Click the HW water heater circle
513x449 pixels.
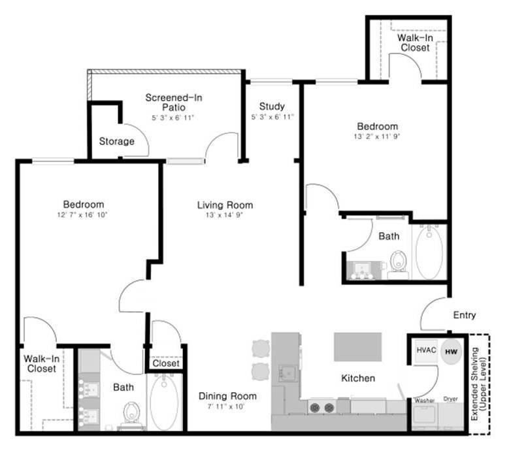coord(451,352)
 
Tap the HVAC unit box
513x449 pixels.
coord(426,350)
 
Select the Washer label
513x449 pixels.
coord(424,400)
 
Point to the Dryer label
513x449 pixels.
coord(450,399)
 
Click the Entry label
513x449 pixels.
coord(464,315)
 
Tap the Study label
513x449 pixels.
coord(272,106)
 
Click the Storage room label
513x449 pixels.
coord(117,141)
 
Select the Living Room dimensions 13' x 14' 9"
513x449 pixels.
coord(224,215)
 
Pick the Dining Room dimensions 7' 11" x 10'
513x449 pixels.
coord(226,407)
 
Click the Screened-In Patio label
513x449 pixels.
coord(174,102)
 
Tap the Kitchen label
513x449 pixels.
coord(358,378)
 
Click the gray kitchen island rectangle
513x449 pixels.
coord(357,347)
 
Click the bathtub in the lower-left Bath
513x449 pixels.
coord(164,402)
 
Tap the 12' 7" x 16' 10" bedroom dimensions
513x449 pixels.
coord(82,215)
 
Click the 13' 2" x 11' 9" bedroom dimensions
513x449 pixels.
coord(377,137)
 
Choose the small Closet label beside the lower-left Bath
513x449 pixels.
coord(166,363)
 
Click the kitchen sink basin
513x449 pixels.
coord(288,374)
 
